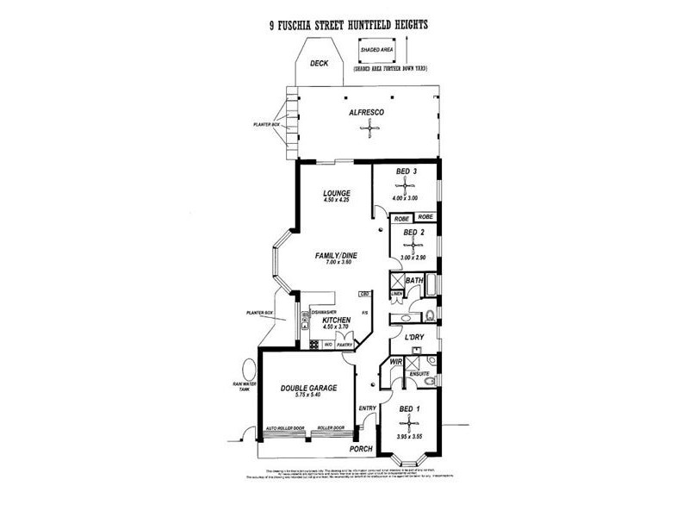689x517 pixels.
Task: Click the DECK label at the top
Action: tap(320, 63)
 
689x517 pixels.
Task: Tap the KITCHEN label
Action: tap(337, 320)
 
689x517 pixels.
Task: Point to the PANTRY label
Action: tap(345, 345)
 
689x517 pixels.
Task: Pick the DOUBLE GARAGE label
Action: tap(307, 389)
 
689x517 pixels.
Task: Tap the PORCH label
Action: tap(361, 449)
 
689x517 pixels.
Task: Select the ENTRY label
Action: tap(367, 408)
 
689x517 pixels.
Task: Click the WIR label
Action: tap(398, 363)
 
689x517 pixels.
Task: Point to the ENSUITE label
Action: tap(418, 373)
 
